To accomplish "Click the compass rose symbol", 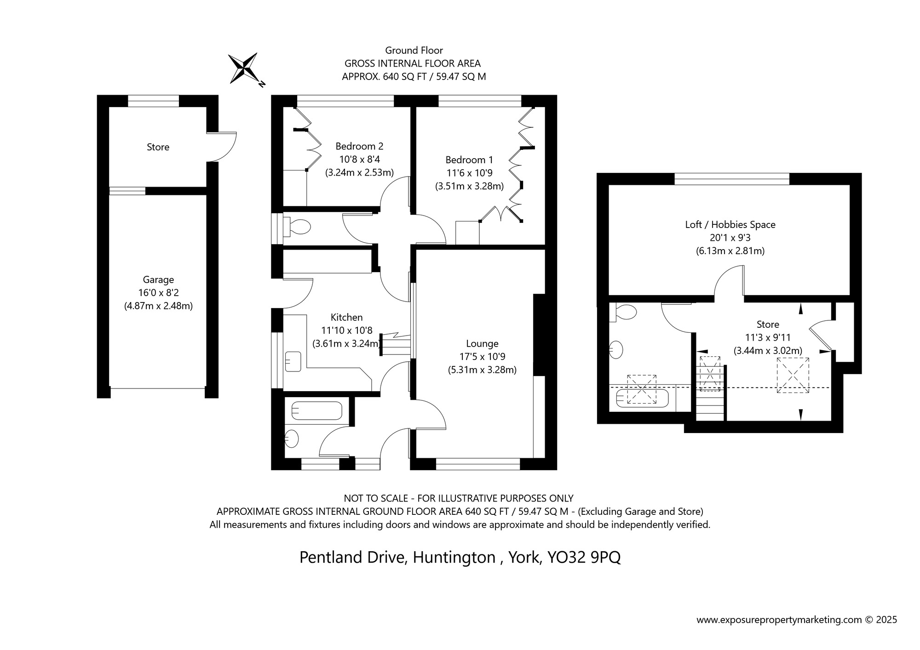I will (x=244, y=68).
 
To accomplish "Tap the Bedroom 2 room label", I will (x=359, y=146).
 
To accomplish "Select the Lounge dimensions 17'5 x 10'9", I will (x=482, y=356).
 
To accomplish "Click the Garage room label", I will (x=158, y=279).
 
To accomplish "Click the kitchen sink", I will (x=293, y=361).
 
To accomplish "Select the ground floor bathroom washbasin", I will (x=292, y=439).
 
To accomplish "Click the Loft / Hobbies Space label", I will (x=730, y=224).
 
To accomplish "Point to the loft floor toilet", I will (x=625, y=313).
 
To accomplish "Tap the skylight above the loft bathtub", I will (x=641, y=389).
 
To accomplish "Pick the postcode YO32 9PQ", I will (x=583, y=557).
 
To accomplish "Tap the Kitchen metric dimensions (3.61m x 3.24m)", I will (x=347, y=343).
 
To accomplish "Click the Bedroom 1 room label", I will (x=469, y=160).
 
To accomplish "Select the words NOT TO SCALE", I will (x=376, y=498).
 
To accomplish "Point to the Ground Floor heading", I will (x=414, y=50).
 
